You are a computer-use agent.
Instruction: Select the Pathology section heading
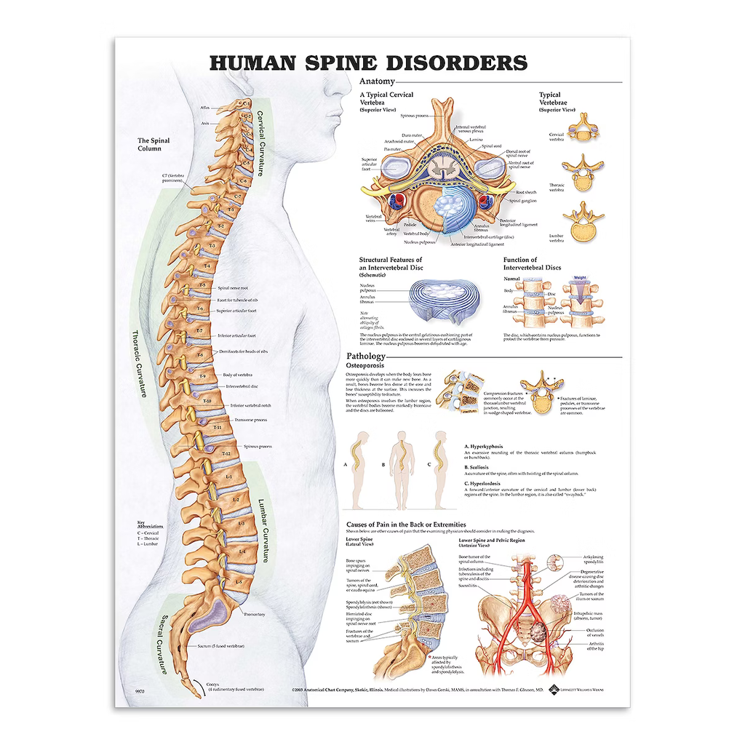(x=366, y=356)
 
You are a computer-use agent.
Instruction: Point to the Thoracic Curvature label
(x=140, y=364)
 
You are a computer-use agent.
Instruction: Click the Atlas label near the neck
(x=204, y=108)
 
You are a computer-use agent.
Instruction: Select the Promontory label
(x=255, y=614)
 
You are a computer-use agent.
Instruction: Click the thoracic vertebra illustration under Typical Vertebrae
(x=583, y=173)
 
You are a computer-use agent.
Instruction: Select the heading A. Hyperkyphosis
(x=484, y=447)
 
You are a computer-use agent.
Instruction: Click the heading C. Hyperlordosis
(x=484, y=483)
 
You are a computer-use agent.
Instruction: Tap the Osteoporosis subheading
(x=364, y=367)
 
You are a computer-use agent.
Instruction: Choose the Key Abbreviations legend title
(x=150, y=524)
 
